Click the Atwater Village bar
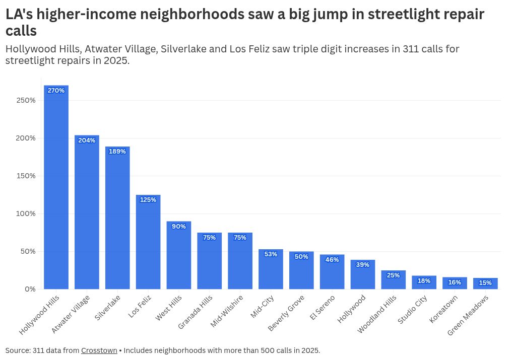click(x=87, y=214)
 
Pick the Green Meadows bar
click(x=485, y=284)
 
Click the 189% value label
click(x=117, y=152)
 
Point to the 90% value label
click(x=179, y=227)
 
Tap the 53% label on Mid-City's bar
click(x=271, y=254)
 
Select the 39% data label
click(x=363, y=265)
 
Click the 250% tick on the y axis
click(x=26, y=100)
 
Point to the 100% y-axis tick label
click(x=26, y=213)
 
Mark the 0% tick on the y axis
click(x=30, y=289)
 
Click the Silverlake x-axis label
click(x=107, y=308)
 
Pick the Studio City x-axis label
click(x=413, y=310)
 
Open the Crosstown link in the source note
click(x=99, y=350)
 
